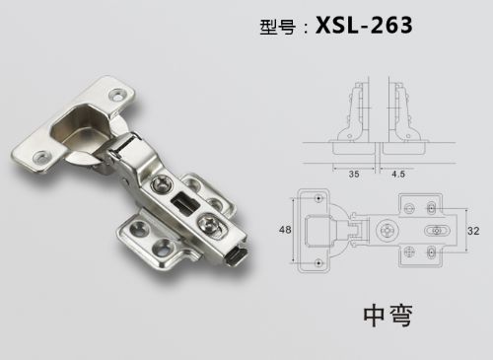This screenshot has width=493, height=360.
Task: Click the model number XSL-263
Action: click(x=364, y=26)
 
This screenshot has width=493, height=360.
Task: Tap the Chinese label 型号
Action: click(x=277, y=27)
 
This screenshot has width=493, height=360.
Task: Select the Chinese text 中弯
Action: click(x=387, y=316)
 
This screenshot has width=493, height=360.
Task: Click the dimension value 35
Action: click(x=354, y=174)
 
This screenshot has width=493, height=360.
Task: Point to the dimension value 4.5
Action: click(x=398, y=174)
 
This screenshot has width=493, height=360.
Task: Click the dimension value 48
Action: click(x=285, y=230)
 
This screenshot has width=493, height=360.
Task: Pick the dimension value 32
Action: click(x=473, y=231)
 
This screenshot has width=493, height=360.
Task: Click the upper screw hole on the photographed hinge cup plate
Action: click(x=117, y=95)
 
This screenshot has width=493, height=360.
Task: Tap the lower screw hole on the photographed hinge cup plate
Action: click(x=42, y=157)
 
